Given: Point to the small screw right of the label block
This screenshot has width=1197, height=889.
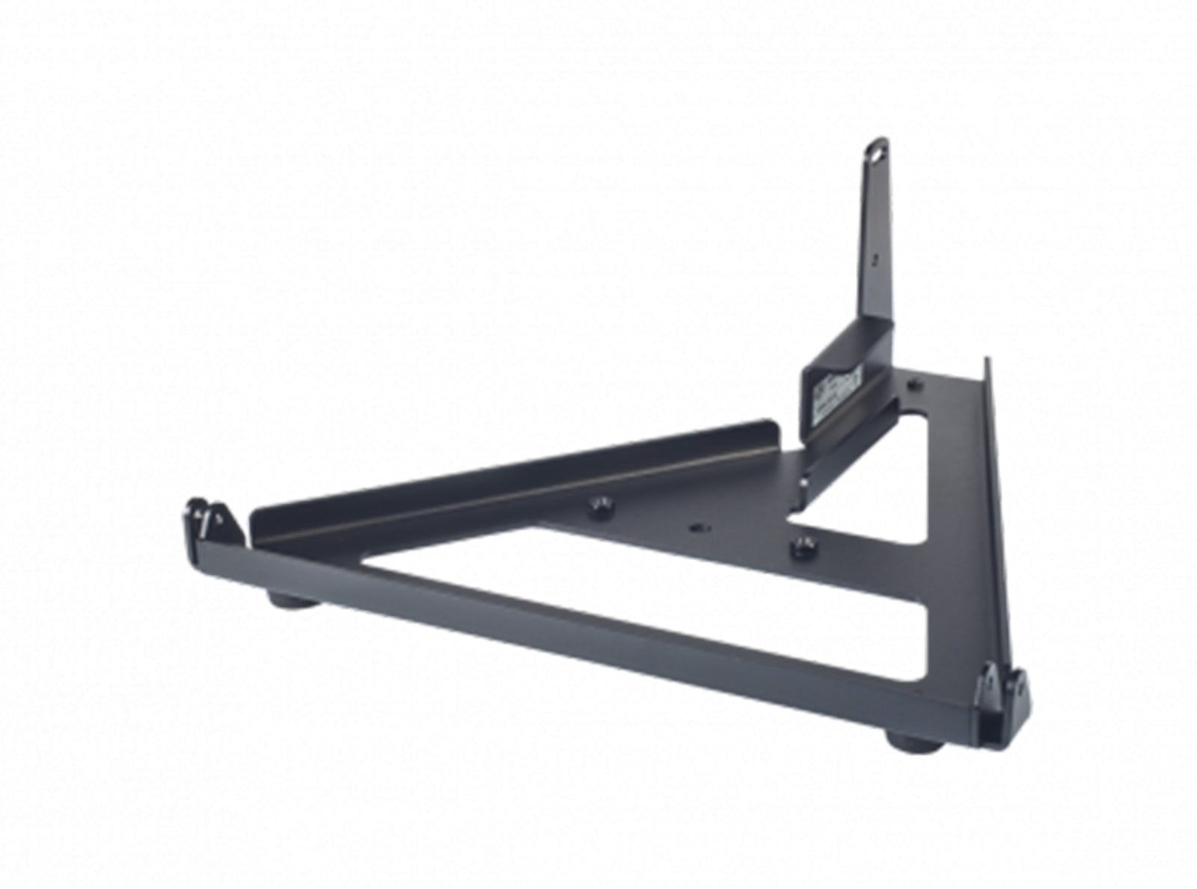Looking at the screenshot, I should point(912,384).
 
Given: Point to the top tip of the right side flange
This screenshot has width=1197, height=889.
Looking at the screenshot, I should point(988,362).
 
